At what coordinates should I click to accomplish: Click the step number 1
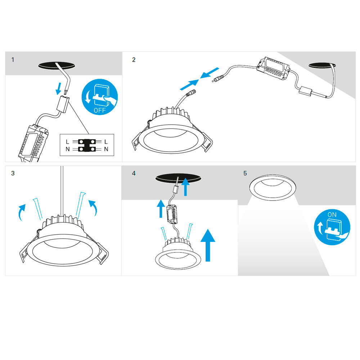13,60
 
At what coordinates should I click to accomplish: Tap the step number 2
134,60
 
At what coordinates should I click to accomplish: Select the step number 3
13,173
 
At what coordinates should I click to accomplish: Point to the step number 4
134,173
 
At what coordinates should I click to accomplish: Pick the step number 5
245,173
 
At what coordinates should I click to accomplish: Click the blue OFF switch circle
100,97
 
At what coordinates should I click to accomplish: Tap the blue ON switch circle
332,227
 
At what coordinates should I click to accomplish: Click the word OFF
100,110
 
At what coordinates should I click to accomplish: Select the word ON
332,215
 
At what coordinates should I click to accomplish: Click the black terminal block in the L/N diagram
87,145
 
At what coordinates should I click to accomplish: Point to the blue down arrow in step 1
59,89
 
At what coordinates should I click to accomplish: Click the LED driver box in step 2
273,69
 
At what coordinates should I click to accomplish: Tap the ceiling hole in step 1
57,65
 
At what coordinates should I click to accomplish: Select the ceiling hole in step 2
322,65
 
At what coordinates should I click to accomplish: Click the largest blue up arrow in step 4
208,245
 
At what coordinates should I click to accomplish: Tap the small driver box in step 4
172,214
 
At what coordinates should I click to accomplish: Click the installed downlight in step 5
273,187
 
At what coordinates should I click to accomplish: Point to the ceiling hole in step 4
178,178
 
